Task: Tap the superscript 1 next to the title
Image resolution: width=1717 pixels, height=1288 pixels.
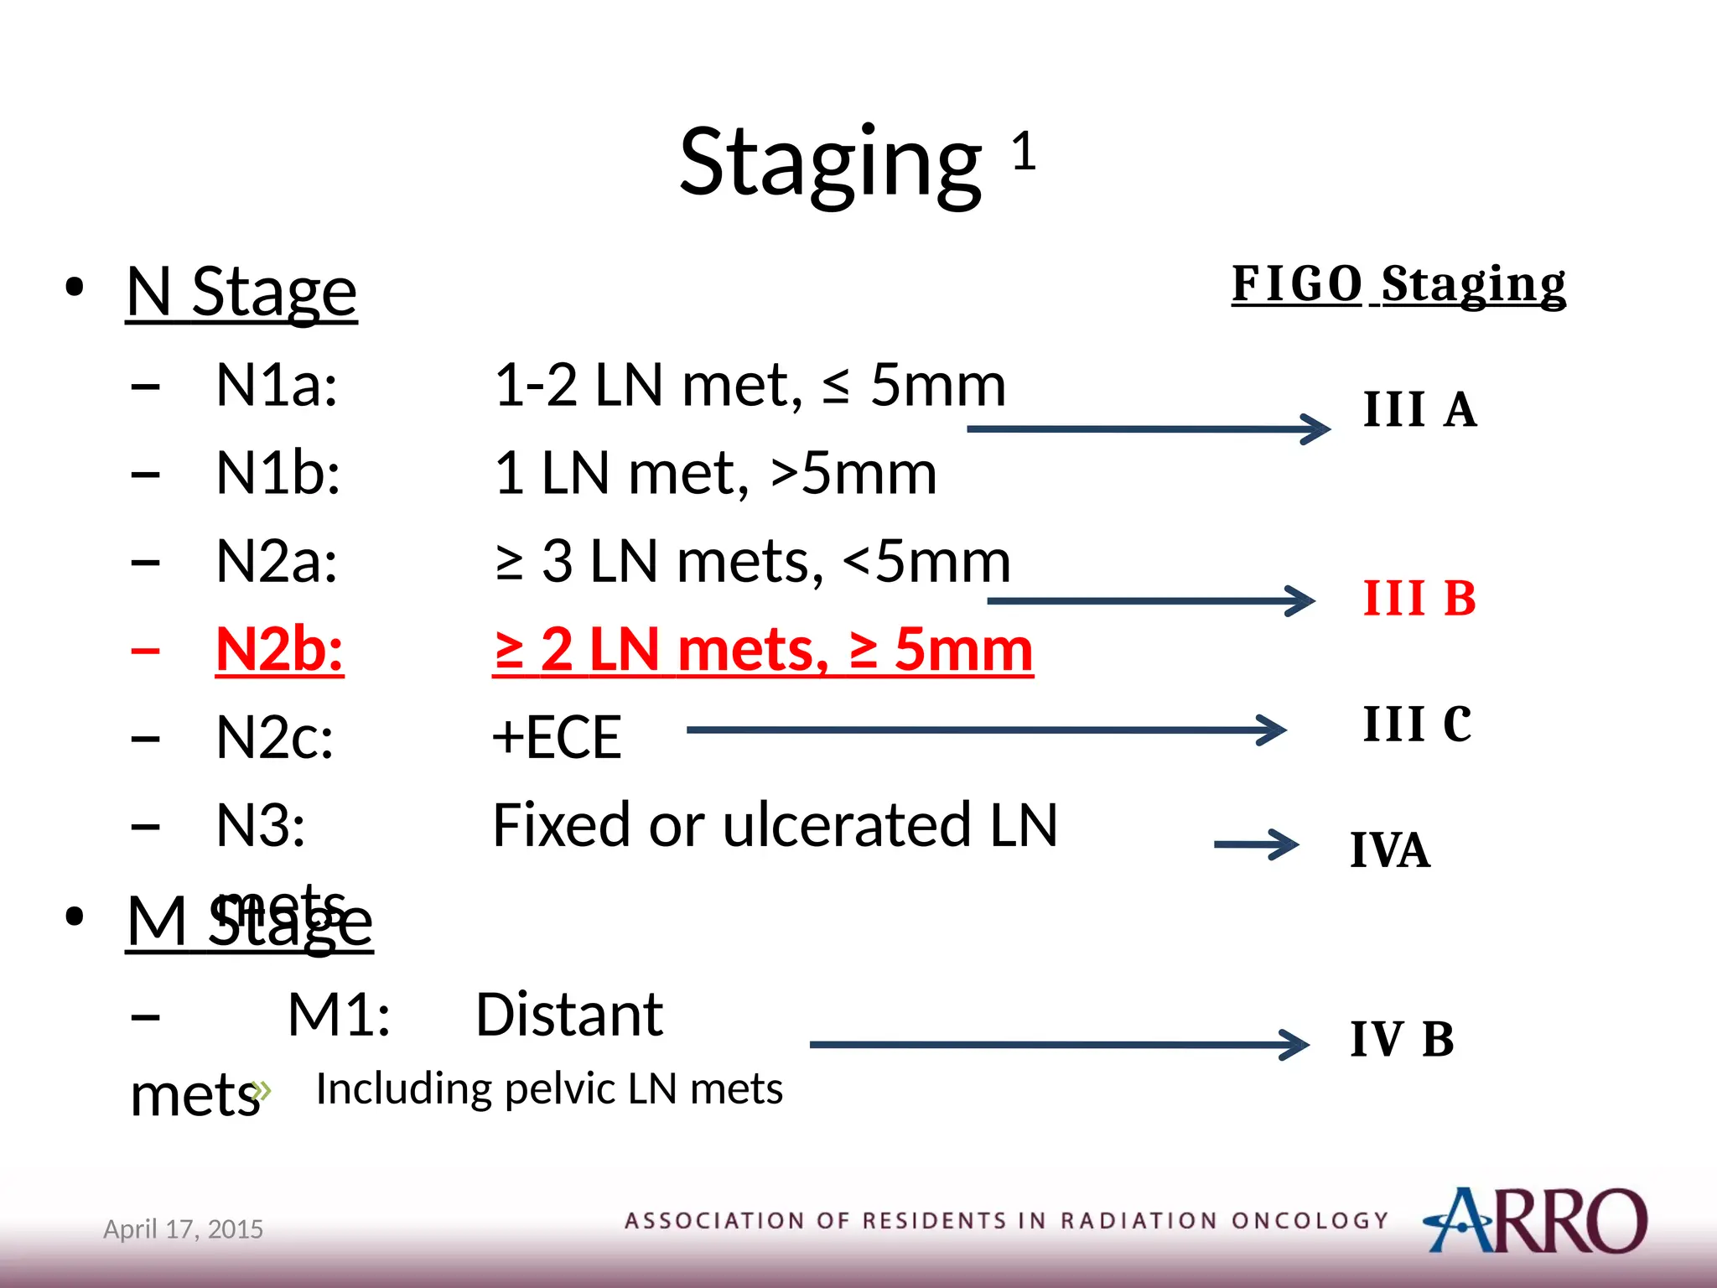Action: pyautogui.click(x=1024, y=152)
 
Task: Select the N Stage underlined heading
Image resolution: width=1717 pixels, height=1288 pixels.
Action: pyautogui.click(x=241, y=292)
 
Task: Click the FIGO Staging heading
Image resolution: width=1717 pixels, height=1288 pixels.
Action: pyautogui.click(x=1398, y=284)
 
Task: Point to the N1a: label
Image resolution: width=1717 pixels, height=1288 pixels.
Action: pyautogui.click(x=277, y=386)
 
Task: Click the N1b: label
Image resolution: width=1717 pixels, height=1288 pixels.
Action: pyautogui.click(x=278, y=474)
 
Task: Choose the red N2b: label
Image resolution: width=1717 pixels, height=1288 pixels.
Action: pyautogui.click(x=279, y=650)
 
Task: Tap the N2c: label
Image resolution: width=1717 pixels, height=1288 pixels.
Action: pyautogui.click(x=274, y=738)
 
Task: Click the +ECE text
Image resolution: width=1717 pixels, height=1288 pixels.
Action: pyautogui.click(x=557, y=738)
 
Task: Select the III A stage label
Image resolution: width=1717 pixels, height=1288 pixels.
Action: pyautogui.click(x=1419, y=410)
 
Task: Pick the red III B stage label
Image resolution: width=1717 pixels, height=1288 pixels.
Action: pyautogui.click(x=1419, y=599)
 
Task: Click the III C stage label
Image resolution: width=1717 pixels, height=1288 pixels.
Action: pyautogui.click(x=1417, y=724)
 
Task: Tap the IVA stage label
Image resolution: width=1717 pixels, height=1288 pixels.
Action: pyautogui.click(x=1389, y=850)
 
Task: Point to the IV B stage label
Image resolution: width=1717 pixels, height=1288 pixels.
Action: pyautogui.click(x=1401, y=1039)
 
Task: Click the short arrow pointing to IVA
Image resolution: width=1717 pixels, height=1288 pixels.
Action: pyautogui.click(x=1256, y=844)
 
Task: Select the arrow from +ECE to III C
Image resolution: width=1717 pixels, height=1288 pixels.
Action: pyautogui.click(x=985, y=730)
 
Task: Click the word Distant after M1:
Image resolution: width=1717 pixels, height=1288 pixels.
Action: pyautogui.click(x=569, y=1015)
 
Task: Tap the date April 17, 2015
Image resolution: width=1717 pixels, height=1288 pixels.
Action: pyautogui.click(x=183, y=1229)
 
